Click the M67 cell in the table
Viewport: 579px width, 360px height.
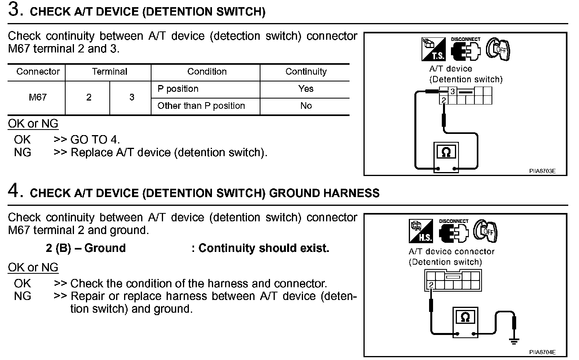[37, 97]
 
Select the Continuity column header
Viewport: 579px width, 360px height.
[306, 72]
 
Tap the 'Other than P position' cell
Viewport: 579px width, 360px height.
[201, 106]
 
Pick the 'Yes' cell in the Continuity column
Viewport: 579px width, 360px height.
[306, 89]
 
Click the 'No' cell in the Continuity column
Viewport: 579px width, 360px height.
[306, 106]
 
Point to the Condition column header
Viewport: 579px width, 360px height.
[207, 72]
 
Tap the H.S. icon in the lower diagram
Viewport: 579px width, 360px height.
[421, 231]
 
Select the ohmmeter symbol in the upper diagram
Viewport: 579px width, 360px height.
[446, 152]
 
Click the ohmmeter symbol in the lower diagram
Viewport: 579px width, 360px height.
[465, 317]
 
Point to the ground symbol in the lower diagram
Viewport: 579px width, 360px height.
[514, 341]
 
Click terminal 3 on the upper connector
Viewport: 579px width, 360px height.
[453, 92]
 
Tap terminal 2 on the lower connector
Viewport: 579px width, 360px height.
[431, 285]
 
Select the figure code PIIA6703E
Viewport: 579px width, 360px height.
[542, 171]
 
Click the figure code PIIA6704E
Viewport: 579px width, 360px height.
[542, 352]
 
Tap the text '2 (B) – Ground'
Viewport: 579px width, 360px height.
[85, 248]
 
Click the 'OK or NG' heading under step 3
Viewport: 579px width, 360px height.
[33, 124]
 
